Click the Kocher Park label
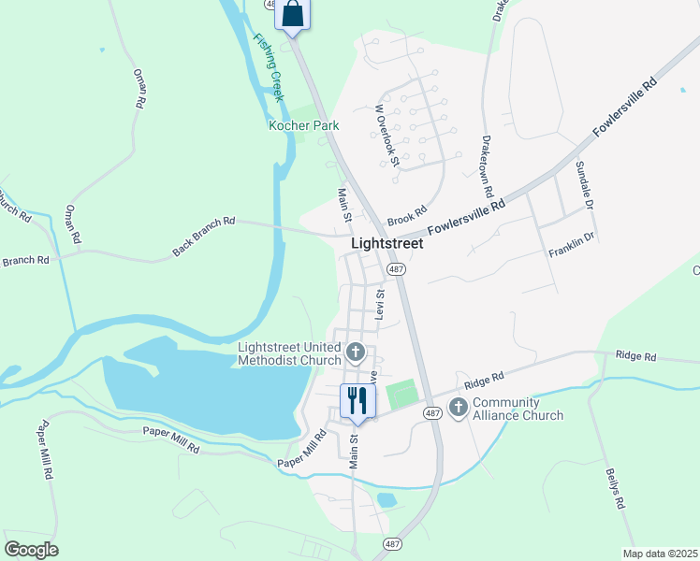click(x=303, y=125)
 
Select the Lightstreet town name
click(x=386, y=243)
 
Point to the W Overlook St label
click(x=386, y=136)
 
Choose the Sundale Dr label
click(x=585, y=185)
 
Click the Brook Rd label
click(x=407, y=215)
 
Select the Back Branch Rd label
click(x=203, y=237)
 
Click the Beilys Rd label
click(x=614, y=487)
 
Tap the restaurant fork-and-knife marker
click(x=357, y=401)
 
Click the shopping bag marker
click(x=292, y=14)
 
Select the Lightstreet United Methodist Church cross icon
click(x=355, y=352)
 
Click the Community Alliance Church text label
click(x=518, y=410)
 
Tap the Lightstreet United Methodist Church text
click(x=288, y=353)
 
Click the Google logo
click(x=31, y=550)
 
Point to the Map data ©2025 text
click(x=660, y=554)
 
